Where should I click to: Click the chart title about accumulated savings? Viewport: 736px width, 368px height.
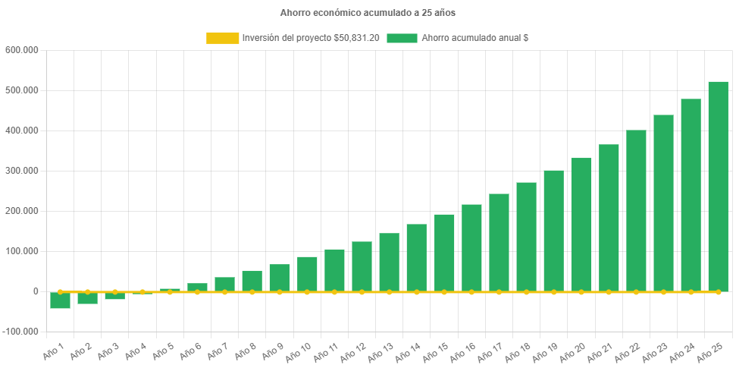tap(368, 13)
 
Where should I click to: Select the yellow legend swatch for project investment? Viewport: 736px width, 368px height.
tap(221, 38)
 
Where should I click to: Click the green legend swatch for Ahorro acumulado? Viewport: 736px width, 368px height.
tap(402, 38)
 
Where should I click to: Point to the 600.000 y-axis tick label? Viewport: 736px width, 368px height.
tap(21, 50)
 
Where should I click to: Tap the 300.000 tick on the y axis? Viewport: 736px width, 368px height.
tap(21, 171)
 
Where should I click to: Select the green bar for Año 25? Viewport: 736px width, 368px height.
tap(718, 186)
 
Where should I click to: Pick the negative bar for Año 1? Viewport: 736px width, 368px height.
tap(60, 300)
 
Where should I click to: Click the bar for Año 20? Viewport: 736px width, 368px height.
tap(581, 225)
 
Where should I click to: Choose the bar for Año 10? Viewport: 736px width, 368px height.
tap(307, 274)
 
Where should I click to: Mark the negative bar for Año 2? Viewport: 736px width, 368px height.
tap(87, 298)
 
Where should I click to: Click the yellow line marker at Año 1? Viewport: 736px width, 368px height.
tap(60, 291)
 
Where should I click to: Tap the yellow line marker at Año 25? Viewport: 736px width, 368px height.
tap(718, 291)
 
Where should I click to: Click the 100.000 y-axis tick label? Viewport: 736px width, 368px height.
tap(21, 251)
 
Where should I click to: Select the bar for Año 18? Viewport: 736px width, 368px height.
tap(526, 237)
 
